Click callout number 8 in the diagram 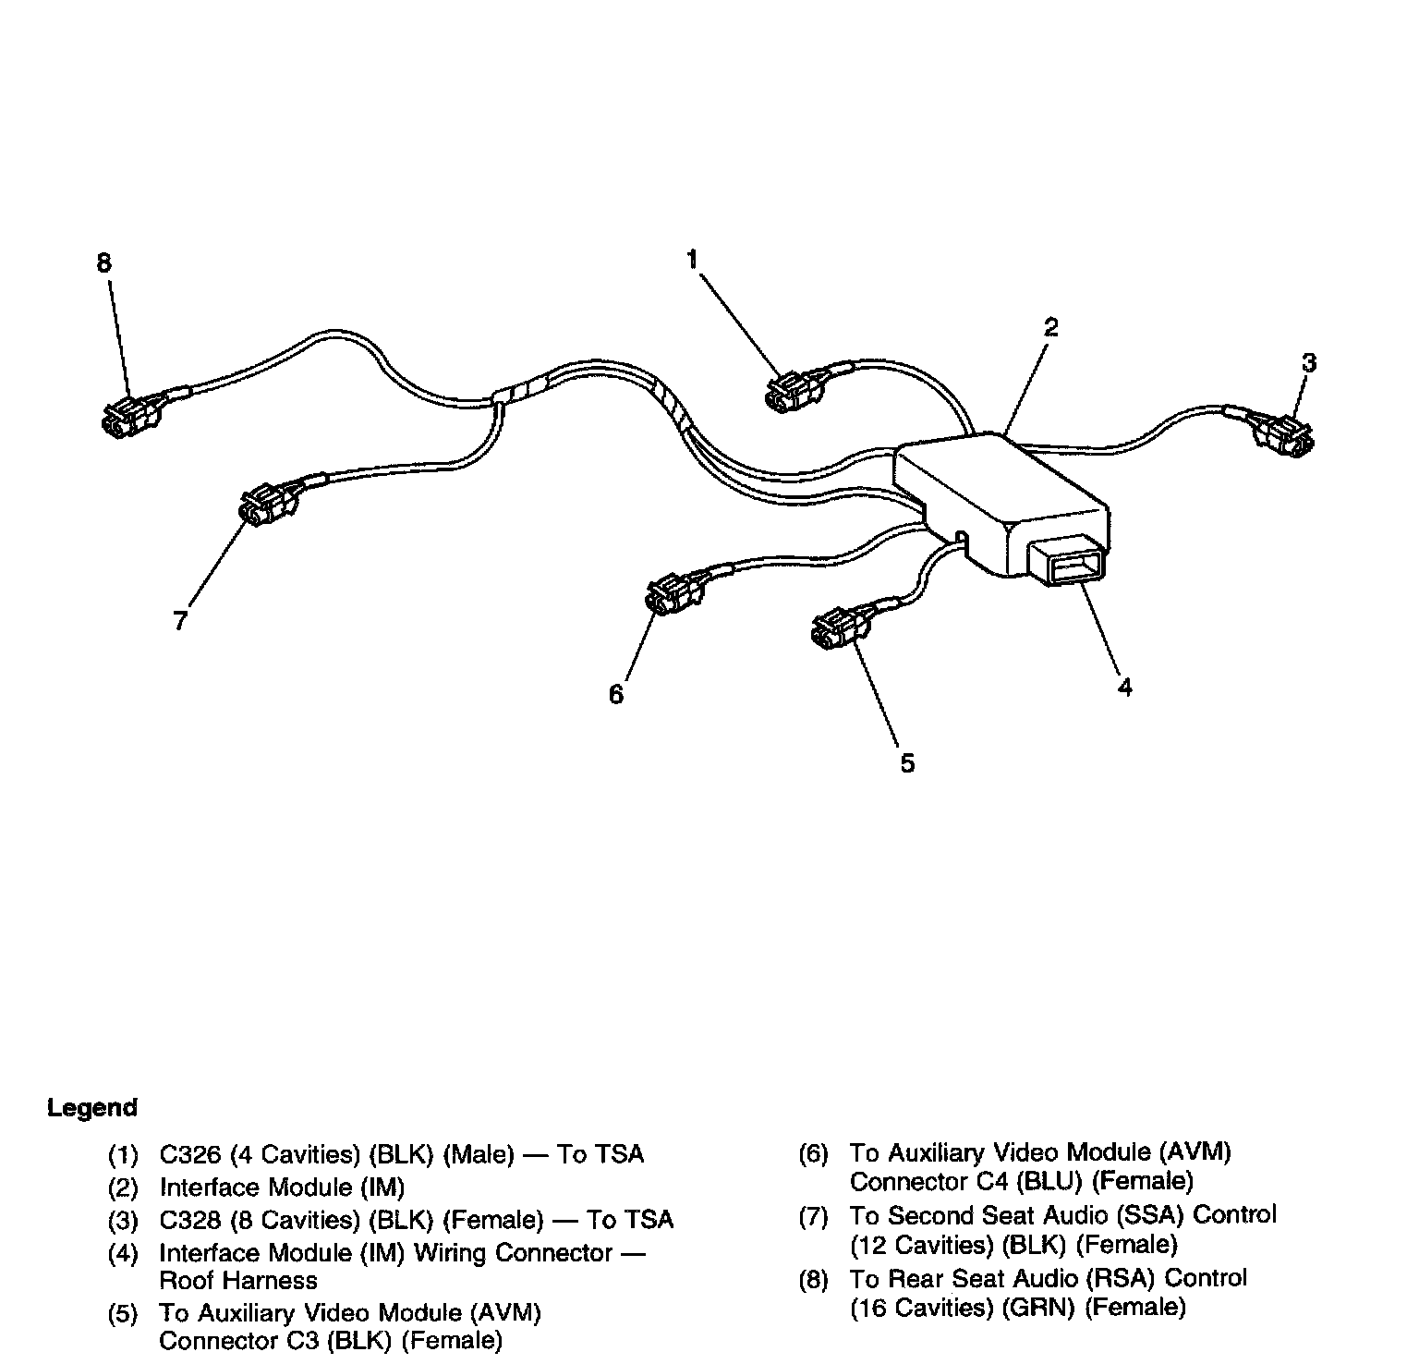103,263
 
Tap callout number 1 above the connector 692,260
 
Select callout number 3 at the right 1308,363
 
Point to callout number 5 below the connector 907,763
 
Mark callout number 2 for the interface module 1050,328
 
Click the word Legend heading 92,1107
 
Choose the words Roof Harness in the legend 238,1281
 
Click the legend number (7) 813,1216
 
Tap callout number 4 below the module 1124,687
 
